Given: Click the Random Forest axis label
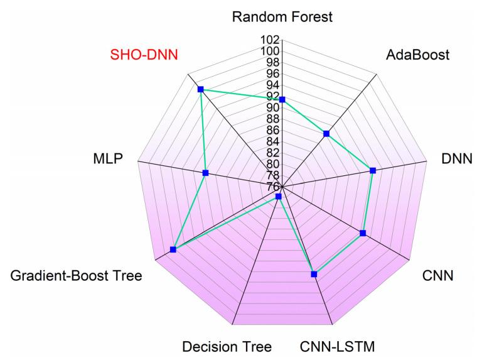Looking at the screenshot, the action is [282, 17].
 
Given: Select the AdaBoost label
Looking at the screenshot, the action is [418, 54].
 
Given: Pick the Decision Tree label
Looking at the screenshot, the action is [227, 346].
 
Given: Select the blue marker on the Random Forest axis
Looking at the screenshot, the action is [282, 100].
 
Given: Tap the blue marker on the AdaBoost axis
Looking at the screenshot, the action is [326, 133].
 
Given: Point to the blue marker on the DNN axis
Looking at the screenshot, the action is [373, 170].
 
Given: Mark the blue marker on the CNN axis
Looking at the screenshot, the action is [363, 233].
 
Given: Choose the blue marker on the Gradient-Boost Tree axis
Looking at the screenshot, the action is [173, 250].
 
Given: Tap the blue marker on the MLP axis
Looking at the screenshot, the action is [206, 173].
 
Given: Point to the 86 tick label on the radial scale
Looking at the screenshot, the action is [274, 130].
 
